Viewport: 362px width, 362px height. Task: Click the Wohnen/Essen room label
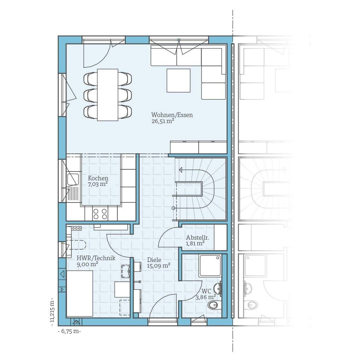(172, 115)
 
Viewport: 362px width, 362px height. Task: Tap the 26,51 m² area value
(163, 121)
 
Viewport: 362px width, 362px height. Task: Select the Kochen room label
(98, 178)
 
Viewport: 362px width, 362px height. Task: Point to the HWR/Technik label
(96, 258)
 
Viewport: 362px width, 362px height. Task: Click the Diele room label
(154, 260)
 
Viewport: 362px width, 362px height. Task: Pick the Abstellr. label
(197, 238)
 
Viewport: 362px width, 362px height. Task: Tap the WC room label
(206, 291)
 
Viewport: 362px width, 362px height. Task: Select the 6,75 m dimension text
(69, 331)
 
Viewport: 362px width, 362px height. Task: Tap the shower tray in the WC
(210, 266)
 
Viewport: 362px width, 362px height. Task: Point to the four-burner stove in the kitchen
(100, 214)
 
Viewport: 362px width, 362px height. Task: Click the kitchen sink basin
(73, 179)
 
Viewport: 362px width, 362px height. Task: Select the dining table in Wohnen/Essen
(107, 95)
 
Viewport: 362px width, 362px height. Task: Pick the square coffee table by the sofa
(179, 80)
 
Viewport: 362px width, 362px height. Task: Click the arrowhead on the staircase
(181, 170)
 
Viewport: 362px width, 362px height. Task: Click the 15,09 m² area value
(159, 266)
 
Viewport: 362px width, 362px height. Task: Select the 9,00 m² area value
(88, 264)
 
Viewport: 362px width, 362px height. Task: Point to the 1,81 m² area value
(195, 243)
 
